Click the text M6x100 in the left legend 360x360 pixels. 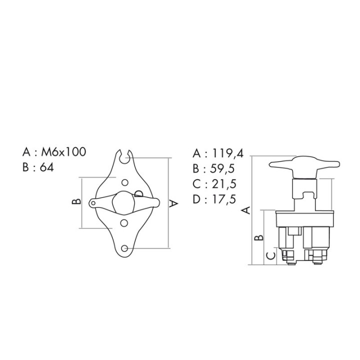click(63, 152)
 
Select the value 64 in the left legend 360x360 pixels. click(47, 167)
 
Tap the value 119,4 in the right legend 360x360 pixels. click(227, 153)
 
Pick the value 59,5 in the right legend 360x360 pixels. click(222, 168)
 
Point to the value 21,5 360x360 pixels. click(224, 183)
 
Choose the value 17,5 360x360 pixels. click(224, 199)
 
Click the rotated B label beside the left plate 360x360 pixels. click(76, 201)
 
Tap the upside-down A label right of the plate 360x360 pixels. click(173, 203)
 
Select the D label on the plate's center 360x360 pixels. click(138, 193)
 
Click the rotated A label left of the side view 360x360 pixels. click(246, 210)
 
